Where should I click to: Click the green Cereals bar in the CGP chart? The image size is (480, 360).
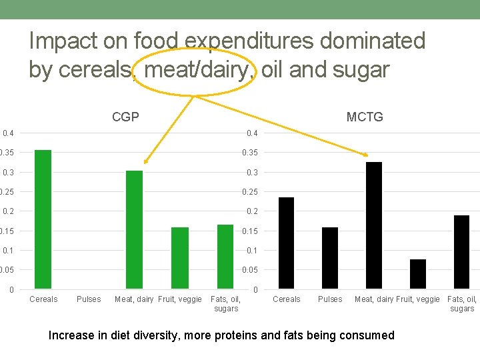(x=43, y=219)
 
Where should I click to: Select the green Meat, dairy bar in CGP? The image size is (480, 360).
(x=134, y=229)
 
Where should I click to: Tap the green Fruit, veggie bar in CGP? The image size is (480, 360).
(x=180, y=258)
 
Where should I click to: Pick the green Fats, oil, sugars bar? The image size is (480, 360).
(x=225, y=257)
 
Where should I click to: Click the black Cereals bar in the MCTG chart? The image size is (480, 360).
(x=286, y=243)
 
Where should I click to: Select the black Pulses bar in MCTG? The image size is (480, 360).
(x=330, y=258)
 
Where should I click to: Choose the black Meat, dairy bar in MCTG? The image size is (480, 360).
(x=374, y=225)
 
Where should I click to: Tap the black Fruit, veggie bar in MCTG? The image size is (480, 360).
(x=418, y=274)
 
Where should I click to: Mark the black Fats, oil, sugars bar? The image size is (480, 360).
(x=462, y=252)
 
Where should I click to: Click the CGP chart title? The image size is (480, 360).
(x=125, y=117)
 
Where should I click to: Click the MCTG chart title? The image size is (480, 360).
(x=365, y=117)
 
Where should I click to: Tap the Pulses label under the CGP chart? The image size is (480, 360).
(x=89, y=299)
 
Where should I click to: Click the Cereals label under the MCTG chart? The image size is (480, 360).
(x=287, y=299)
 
